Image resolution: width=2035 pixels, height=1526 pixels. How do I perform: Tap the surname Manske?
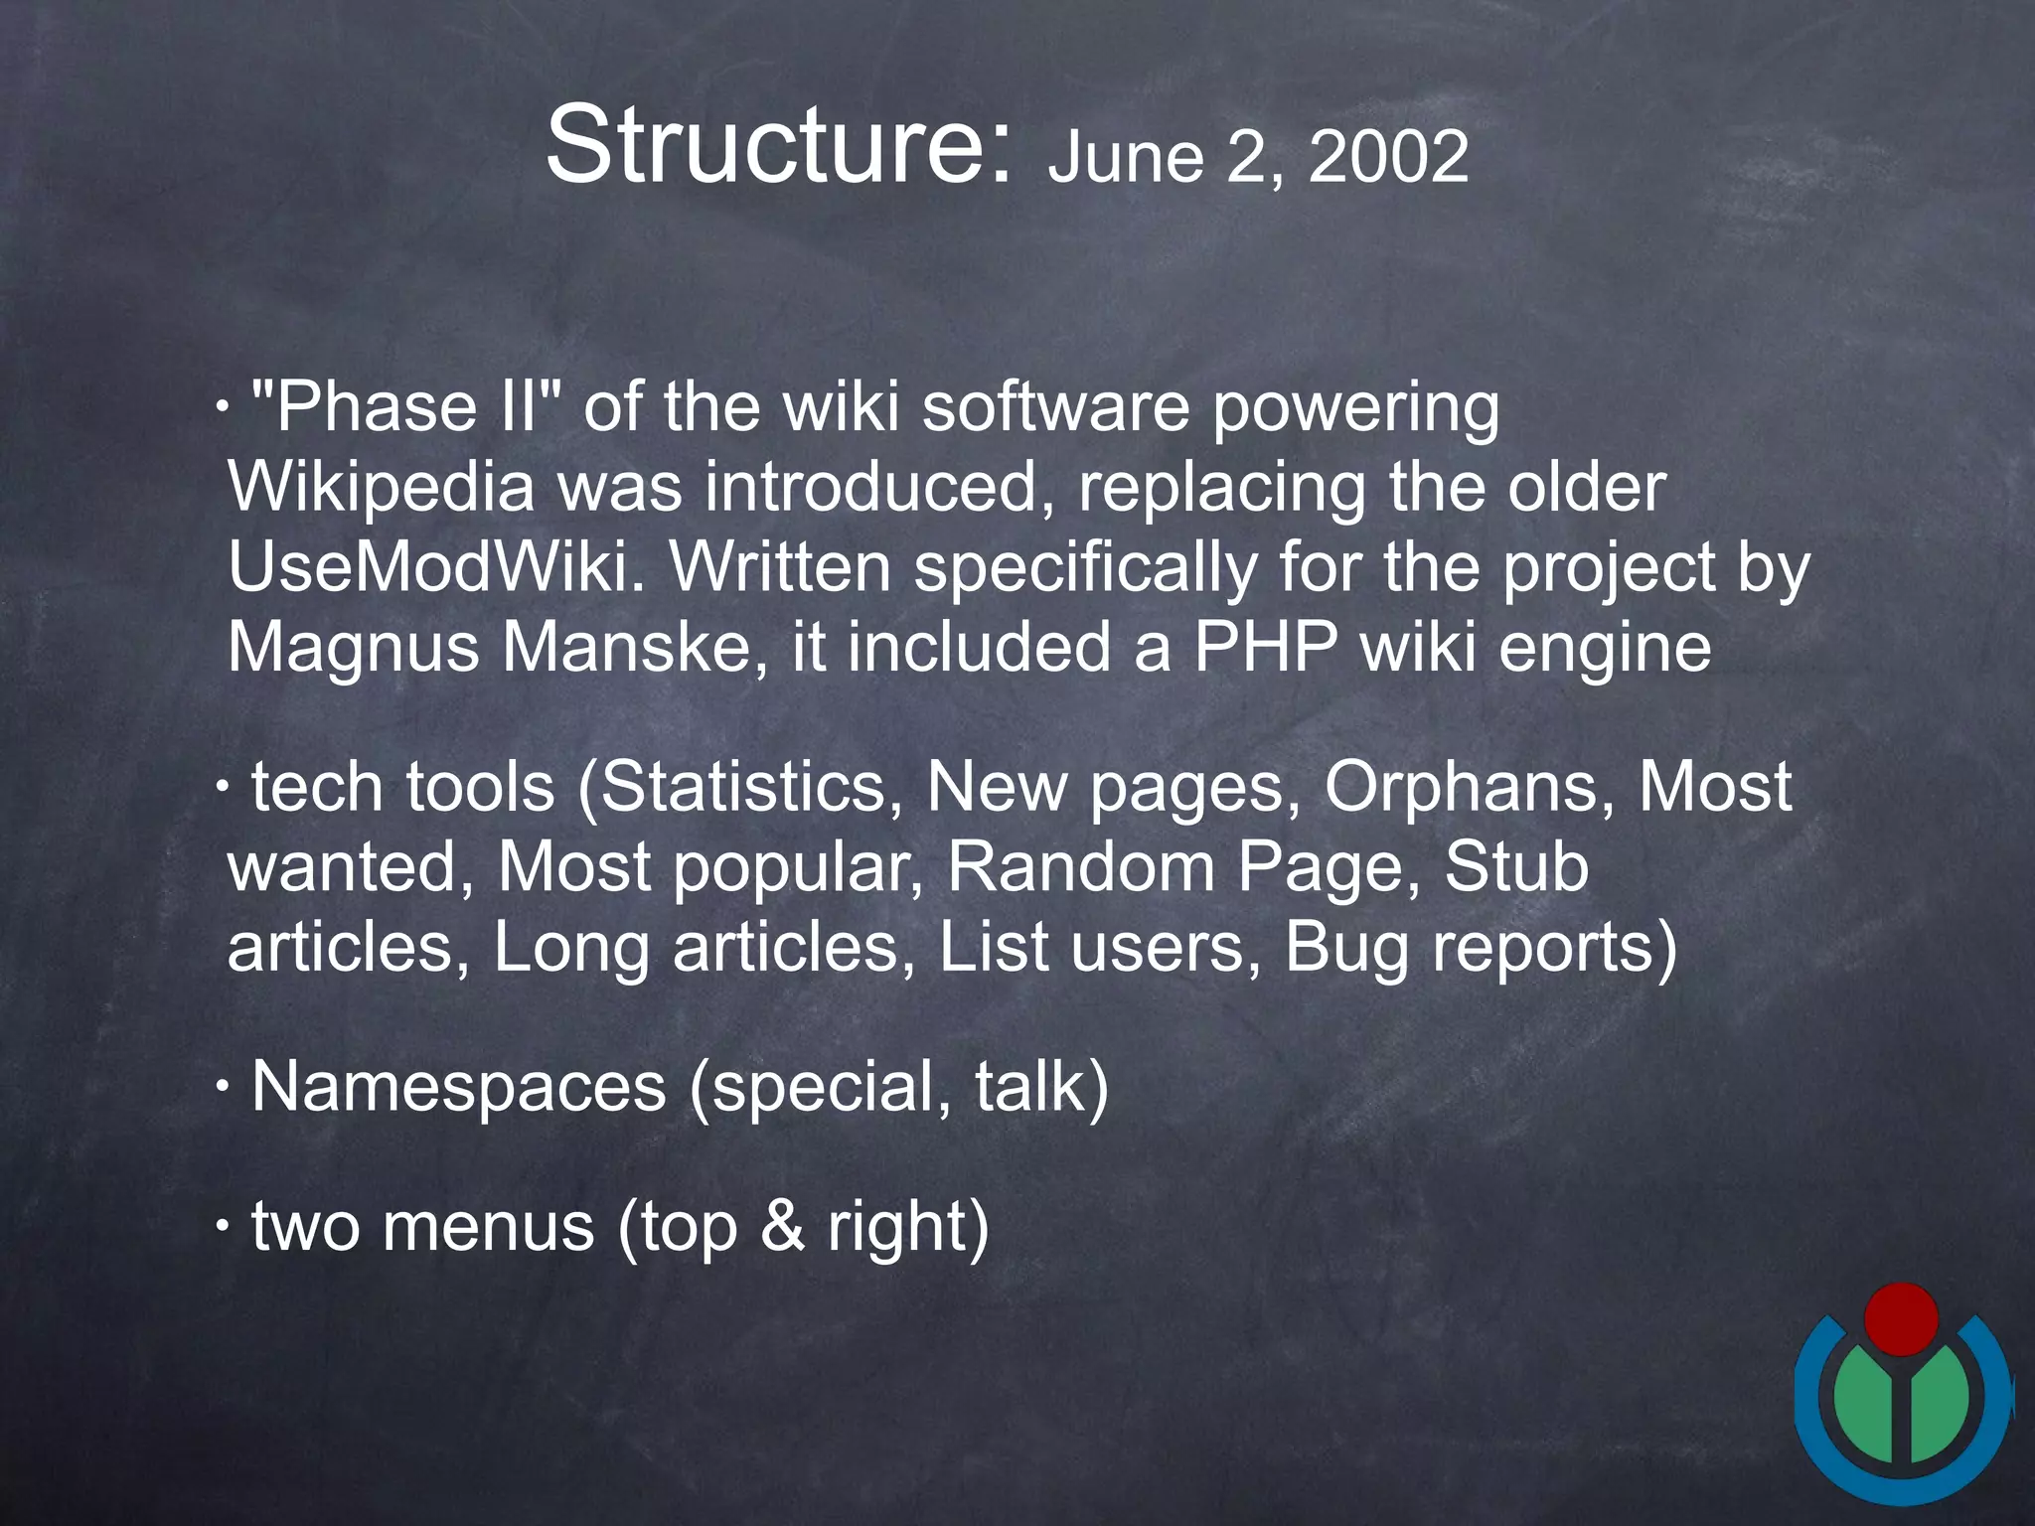(x=634, y=648)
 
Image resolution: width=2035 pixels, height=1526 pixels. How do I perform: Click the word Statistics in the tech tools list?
(x=742, y=788)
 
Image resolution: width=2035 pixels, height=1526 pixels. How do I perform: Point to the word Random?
(x=1081, y=867)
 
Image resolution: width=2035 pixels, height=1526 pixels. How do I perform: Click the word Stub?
(x=1516, y=867)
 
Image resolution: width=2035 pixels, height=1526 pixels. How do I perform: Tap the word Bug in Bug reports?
(x=1346, y=948)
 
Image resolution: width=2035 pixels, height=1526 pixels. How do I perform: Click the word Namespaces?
(x=458, y=1087)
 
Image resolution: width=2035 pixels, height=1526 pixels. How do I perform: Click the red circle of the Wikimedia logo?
(x=1901, y=1319)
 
